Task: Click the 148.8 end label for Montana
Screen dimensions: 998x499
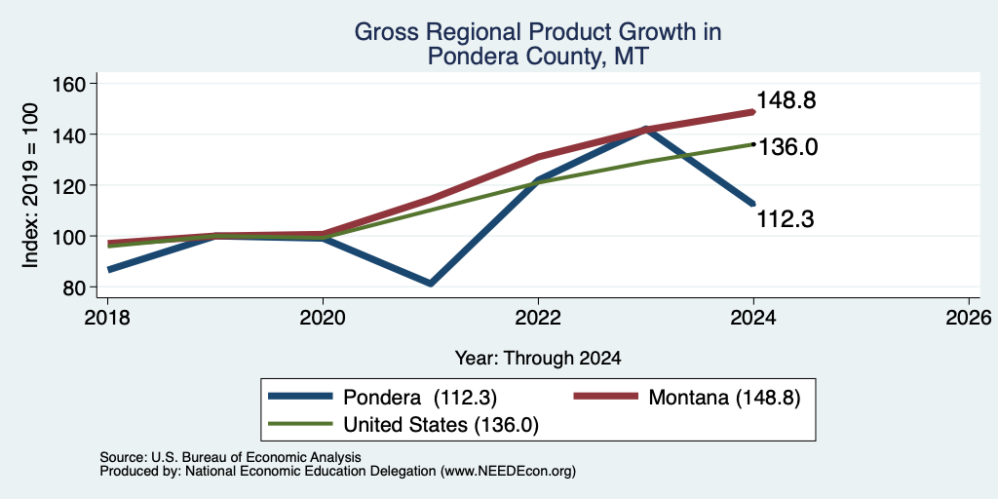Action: [x=787, y=100]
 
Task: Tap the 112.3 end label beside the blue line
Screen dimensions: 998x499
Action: [x=786, y=219]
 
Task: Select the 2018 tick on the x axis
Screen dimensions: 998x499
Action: [x=107, y=318]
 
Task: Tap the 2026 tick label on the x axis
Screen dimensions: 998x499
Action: [x=969, y=318]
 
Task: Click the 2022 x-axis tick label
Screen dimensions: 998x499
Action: [x=538, y=318]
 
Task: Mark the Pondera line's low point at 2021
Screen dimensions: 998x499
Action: [x=431, y=284]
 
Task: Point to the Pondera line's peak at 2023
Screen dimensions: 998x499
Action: [x=646, y=130]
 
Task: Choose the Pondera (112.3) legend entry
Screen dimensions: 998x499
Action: [x=382, y=398]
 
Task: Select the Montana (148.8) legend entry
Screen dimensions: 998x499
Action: [x=687, y=398]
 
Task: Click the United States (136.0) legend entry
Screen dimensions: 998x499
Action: [x=404, y=425]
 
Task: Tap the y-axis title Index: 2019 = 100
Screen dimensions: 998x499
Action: [x=30, y=185]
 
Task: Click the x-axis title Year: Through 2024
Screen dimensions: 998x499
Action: [x=538, y=359]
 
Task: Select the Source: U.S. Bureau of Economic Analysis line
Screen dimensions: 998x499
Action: [x=230, y=457]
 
